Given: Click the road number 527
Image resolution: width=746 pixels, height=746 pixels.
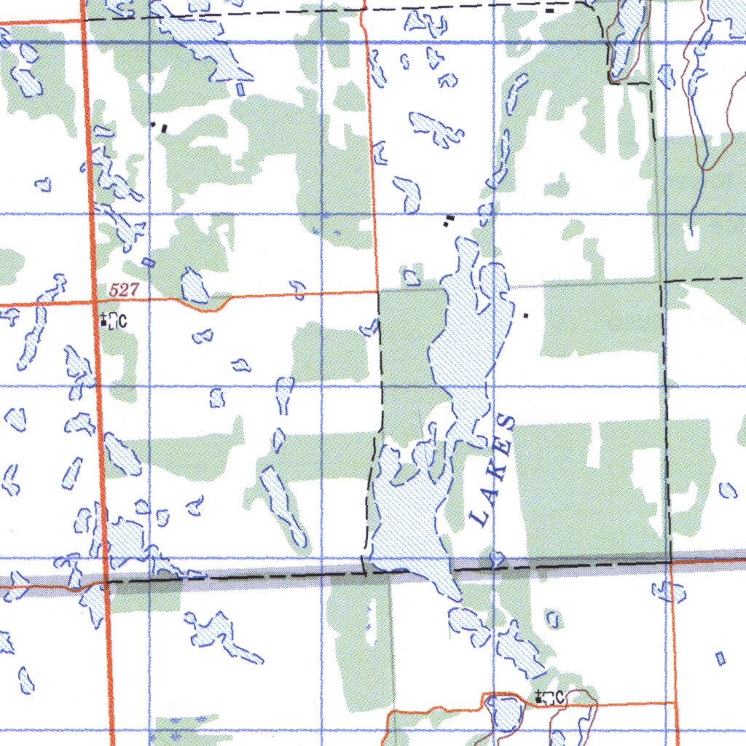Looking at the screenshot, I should point(123,290).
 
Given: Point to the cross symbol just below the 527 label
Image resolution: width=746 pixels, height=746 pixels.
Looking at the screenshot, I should point(104,318).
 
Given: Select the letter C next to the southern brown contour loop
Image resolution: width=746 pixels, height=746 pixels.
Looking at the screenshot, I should point(559,698).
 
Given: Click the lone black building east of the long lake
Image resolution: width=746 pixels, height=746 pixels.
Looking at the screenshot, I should point(526,316).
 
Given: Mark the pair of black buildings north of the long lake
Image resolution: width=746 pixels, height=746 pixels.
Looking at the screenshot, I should point(449,220).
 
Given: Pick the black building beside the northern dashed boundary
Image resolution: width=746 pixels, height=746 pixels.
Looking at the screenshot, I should point(549,10).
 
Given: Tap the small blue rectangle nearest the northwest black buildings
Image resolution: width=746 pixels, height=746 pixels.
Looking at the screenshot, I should point(240,89).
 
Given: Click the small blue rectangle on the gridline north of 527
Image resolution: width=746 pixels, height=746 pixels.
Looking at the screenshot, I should point(149,262).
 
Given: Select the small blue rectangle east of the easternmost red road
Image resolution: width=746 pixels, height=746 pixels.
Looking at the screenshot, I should point(721,659).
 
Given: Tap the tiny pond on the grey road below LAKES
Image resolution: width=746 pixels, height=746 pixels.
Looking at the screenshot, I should point(498,559).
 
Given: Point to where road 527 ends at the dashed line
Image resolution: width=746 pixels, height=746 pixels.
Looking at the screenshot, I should point(377,291).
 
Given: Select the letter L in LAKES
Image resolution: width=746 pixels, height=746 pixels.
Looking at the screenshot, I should point(479,519).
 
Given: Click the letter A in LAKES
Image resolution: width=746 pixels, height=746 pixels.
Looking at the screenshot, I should point(486,494).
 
